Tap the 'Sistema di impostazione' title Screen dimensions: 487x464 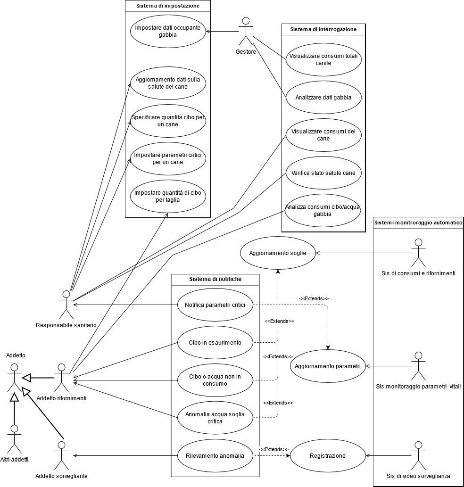click(167, 6)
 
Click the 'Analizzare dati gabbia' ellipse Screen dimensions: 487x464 click(323, 98)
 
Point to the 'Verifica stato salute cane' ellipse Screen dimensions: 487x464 click(323, 173)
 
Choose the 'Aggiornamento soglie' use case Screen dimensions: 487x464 click(278, 253)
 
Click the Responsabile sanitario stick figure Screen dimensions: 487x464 click(66, 305)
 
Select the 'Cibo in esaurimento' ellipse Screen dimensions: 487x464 click(215, 343)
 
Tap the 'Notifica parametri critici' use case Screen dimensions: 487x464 click(215, 305)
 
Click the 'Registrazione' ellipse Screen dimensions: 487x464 click(328, 456)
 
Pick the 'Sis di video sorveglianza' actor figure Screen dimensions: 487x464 click(418, 455)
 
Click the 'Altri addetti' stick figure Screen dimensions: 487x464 click(15, 439)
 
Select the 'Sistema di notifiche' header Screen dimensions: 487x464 click(215, 279)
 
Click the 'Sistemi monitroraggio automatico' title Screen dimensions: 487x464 click(418, 223)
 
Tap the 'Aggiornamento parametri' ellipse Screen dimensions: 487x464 click(328, 366)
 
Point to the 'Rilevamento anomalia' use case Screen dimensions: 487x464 click(215, 456)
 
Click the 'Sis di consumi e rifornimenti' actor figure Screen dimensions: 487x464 click(418, 253)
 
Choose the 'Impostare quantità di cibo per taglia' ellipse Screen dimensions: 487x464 click(167, 196)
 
